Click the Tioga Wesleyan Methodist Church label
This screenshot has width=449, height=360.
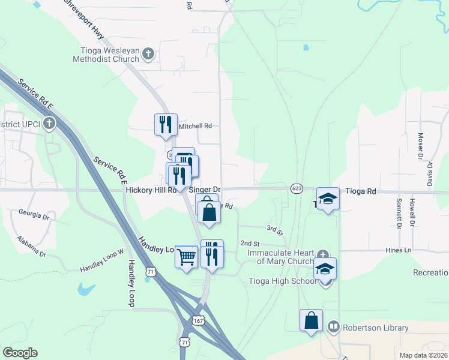click(105, 55)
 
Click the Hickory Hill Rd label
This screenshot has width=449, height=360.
click(151, 190)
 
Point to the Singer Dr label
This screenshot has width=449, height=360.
click(205, 190)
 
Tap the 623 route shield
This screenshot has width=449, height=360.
click(297, 188)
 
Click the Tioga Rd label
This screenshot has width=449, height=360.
click(361, 191)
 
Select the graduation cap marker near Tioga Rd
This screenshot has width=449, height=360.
click(328, 199)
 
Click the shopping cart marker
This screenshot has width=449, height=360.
click(187, 256)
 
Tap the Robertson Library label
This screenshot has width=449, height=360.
click(375, 328)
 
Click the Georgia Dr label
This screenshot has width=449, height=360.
click(33, 214)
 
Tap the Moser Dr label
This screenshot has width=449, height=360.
click(421, 146)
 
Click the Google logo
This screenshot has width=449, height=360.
click(20, 353)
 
